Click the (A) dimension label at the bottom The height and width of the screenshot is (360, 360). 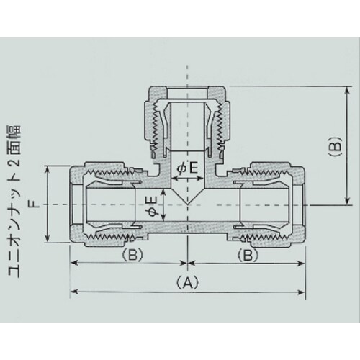tap(187, 283)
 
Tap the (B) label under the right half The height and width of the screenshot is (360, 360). tap(246, 256)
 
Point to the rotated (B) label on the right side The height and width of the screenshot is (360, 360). tap(333, 148)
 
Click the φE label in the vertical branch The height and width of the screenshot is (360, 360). tap(185, 168)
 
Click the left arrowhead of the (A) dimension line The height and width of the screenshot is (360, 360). tap(74, 291)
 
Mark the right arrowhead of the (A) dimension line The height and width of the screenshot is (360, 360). tap(300, 291)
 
